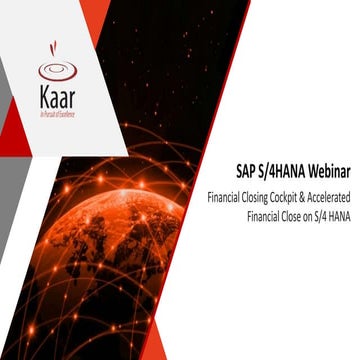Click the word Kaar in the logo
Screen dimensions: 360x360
pyautogui.click(x=57, y=96)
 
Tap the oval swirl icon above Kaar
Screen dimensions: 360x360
pyautogui.click(x=57, y=71)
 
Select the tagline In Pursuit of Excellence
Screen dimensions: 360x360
pyautogui.click(x=57, y=113)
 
